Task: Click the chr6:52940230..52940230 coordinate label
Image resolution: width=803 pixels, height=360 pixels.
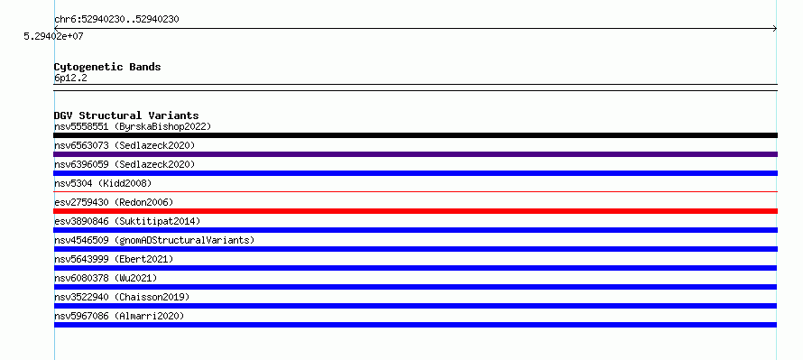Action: tap(116, 20)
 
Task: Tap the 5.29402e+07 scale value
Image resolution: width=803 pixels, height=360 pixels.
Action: tap(54, 37)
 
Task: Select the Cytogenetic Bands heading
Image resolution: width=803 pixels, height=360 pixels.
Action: tap(107, 67)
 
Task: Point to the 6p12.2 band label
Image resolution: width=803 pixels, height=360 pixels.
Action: tap(70, 78)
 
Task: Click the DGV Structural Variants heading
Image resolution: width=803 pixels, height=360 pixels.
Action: tap(126, 115)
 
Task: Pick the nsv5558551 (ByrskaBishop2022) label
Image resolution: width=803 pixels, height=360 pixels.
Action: tap(133, 126)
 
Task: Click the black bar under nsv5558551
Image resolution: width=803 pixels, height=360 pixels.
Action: tap(415, 135)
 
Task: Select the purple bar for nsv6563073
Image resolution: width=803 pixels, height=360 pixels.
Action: tap(415, 154)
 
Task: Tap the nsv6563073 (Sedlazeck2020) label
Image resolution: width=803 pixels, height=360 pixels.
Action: tap(125, 145)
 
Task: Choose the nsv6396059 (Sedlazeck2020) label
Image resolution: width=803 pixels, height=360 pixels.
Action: tap(125, 164)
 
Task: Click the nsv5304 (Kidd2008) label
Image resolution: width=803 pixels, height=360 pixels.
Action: tap(103, 183)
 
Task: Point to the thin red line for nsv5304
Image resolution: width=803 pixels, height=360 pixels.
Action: tap(415, 192)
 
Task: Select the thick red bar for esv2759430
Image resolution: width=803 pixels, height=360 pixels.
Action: tap(415, 211)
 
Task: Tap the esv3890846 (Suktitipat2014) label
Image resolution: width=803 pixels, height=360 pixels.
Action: tap(127, 221)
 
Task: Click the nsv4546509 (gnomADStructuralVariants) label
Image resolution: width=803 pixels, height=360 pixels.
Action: tap(154, 240)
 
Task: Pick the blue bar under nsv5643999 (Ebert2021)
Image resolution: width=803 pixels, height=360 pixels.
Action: tap(415, 268)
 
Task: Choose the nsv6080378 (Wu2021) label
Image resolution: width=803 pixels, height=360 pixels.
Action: tap(106, 278)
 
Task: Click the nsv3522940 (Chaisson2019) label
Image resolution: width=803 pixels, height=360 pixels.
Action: tap(122, 297)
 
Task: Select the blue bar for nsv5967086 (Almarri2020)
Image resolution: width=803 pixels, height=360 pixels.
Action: tap(415, 325)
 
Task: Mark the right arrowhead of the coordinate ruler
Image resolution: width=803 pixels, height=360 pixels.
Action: tap(775, 29)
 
